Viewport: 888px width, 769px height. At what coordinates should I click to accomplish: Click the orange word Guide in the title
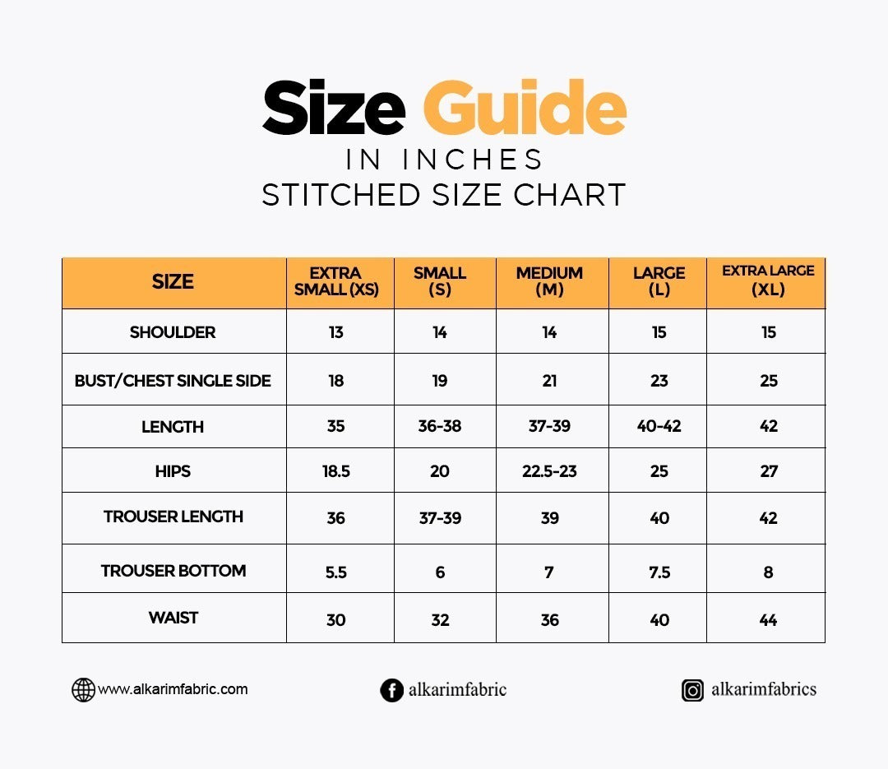click(525, 108)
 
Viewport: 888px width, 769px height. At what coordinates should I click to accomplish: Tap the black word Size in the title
click(333, 108)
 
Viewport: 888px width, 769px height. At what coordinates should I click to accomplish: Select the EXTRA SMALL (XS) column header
click(336, 281)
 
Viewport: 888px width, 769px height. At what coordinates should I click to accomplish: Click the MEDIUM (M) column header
click(549, 281)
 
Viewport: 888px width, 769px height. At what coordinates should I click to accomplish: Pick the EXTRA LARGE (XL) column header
click(768, 280)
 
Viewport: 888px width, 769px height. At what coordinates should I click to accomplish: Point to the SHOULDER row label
click(173, 332)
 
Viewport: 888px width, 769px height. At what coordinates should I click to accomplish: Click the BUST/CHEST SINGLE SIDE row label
click(173, 381)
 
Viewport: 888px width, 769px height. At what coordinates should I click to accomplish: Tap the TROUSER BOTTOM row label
click(173, 571)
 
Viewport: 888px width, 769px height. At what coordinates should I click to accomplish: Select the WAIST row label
click(173, 618)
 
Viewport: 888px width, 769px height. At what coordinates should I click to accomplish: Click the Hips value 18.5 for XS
click(335, 471)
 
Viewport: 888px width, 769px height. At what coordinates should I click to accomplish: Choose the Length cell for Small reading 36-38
click(440, 427)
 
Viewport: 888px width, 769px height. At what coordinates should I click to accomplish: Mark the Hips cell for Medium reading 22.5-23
click(549, 471)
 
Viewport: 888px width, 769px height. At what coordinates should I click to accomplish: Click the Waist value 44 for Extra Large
click(768, 620)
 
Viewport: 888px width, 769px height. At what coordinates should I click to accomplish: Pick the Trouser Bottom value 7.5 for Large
click(659, 572)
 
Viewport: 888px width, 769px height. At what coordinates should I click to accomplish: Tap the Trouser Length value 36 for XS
click(335, 518)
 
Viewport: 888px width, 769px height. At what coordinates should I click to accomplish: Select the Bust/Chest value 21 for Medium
click(549, 381)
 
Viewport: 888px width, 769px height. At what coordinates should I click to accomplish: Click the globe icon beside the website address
click(83, 690)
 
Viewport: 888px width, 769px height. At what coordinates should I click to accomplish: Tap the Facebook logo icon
click(391, 690)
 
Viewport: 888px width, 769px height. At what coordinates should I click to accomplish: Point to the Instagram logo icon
click(693, 690)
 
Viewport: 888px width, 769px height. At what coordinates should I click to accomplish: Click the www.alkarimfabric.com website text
click(173, 689)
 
